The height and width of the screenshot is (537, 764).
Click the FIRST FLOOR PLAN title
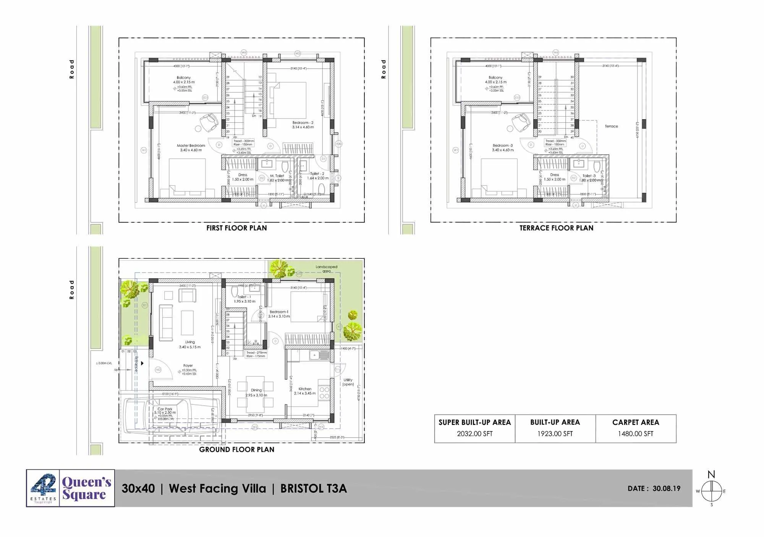(236, 228)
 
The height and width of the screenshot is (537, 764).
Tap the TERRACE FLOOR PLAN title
(556, 228)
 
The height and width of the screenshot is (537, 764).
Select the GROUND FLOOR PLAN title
(236, 449)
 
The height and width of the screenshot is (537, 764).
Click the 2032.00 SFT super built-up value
(474, 434)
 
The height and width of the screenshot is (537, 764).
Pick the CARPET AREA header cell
(636, 422)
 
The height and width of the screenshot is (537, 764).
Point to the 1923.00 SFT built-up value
(555, 434)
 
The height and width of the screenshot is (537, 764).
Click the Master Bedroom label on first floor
(191, 146)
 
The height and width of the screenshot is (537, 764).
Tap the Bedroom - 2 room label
(303, 123)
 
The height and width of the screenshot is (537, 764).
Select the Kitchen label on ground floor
(305, 389)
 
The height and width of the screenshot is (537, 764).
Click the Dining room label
(256, 390)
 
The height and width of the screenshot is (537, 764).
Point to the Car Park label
(165, 409)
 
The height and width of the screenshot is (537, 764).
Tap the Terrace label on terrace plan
(611, 126)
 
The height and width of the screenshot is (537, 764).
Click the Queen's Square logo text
(87, 488)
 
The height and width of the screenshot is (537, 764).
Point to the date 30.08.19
(666, 488)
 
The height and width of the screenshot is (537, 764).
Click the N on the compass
(711, 475)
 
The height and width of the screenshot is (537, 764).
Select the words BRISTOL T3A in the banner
(313, 488)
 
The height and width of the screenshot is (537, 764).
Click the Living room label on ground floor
(190, 342)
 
